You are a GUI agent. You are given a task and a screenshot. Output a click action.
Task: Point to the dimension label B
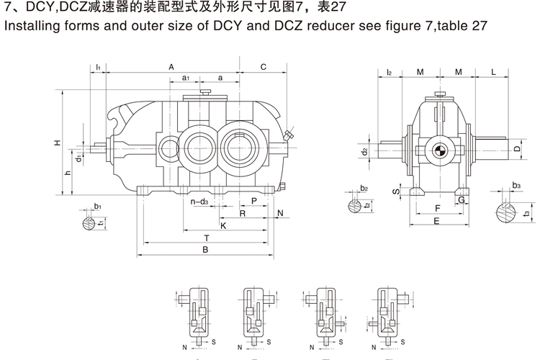click(205, 250)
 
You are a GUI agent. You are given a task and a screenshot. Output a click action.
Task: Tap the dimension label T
click(207, 237)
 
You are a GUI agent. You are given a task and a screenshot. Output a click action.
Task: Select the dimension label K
click(224, 225)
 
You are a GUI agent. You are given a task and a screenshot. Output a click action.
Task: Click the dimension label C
click(264, 67)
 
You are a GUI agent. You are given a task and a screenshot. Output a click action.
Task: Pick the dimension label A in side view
click(171, 67)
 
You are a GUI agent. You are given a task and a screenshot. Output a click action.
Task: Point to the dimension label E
click(436, 221)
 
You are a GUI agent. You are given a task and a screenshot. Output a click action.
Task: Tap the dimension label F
click(437, 209)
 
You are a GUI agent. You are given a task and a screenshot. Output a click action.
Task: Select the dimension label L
click(494, 73)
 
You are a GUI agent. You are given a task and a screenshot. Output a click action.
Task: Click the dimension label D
click(517, 149)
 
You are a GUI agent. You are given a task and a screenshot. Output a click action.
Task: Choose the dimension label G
click(459, 199)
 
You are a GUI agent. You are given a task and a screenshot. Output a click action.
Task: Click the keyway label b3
click(516, 186)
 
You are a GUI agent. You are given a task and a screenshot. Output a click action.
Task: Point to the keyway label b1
click(97, 207)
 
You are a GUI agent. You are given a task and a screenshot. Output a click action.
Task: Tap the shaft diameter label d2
click(365, 151)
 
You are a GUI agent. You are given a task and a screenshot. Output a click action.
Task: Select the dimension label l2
click(389, 73)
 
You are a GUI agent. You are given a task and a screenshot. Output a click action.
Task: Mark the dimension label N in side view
click(280, 213)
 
